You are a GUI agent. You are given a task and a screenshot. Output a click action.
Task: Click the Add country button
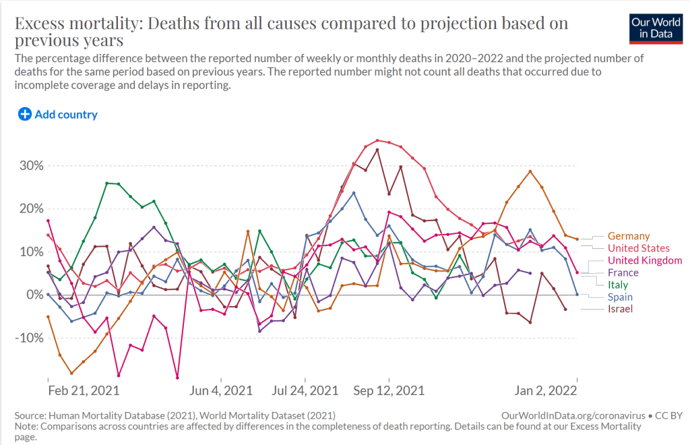(x=58, y=115)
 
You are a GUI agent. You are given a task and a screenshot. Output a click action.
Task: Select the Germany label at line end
(x=629, y=236)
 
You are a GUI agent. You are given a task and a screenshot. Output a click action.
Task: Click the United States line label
(x=639, y=248)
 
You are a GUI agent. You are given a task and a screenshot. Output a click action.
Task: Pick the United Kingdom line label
(x=645, y=260)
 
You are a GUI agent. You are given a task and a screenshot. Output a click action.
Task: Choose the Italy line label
(x=618, y=285)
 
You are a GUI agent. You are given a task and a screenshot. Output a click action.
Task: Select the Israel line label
(x=621, y=309)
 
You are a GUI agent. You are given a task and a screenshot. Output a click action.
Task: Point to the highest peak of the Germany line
(x=531, y=171)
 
